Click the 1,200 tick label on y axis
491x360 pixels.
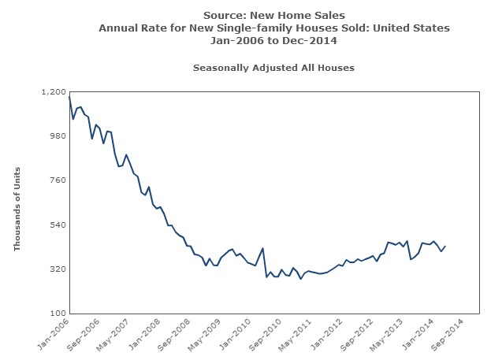pos(53,92)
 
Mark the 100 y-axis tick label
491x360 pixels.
pos(57,314)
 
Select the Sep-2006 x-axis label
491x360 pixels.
pos(85,334)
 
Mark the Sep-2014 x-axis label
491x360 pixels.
pos(448,334)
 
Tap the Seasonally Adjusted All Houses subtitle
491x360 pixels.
pos(273,68)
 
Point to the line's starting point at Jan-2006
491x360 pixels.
pos(69,97)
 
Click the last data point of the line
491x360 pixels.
pos(445,247)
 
